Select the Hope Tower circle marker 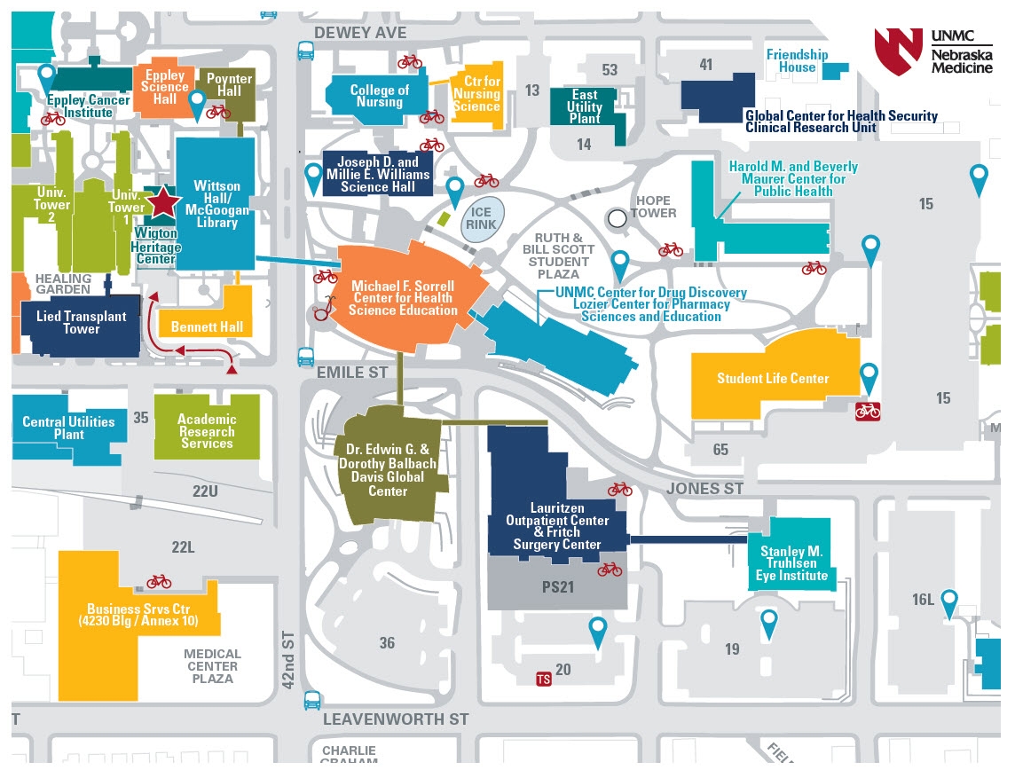coord(617,216)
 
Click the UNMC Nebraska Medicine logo coord(932,51)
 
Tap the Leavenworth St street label coord(395,719)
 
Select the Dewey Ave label coord(361,33)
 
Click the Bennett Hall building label coord(207,326)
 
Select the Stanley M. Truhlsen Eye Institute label coord(791,563)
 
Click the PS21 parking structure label coord(558,586)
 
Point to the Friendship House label coord(797,60)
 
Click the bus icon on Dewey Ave coord(305,51)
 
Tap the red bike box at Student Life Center coord(867,411)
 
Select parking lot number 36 coord(387,642)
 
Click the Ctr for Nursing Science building coord(476,94)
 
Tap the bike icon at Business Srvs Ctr coord(159,581)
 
